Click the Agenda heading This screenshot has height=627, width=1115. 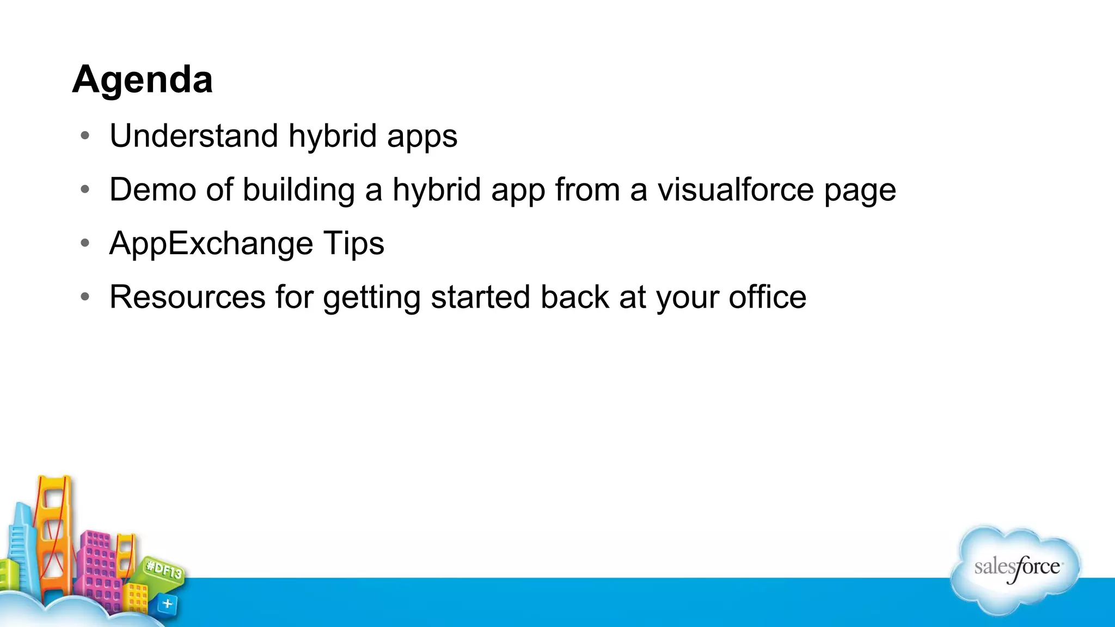(142, 79)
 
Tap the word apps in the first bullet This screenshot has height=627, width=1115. (422, 137)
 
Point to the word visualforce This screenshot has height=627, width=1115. (735, 189)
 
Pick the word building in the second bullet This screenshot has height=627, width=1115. (298, 190)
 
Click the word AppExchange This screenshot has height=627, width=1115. (211, 244)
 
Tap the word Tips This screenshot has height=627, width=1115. (354, 244)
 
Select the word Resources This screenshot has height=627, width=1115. (187, 297)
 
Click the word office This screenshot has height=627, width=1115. (767, 297)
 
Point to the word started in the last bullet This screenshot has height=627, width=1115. (480, 297)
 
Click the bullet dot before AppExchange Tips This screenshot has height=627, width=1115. (84, 243)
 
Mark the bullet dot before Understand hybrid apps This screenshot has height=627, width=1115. (84, 136)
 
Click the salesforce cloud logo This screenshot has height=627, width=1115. (1016, 569)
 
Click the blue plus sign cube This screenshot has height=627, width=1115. (167, 604)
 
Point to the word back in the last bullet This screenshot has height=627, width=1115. (574, 297)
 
